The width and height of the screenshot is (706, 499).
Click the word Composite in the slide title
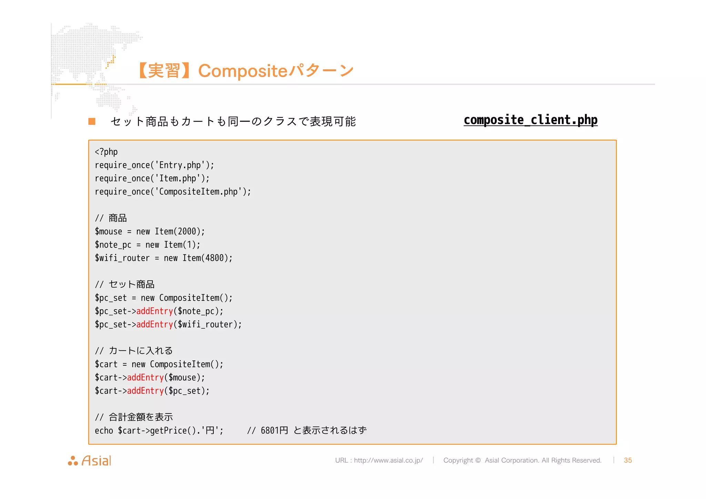pyautogui.click(x=242, y=71)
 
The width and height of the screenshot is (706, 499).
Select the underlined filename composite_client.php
pyautogui.click(x=530, y=120)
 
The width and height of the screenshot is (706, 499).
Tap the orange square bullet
pyautogui.click(x=92, y=121)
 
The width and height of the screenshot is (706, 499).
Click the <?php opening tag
pyautogui.click(x=106, y=152)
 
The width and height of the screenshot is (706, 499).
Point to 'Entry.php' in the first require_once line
pyautogui.click(x=180, y=165)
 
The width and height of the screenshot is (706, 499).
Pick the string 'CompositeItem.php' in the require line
pyautogui.click(x=198, y=192)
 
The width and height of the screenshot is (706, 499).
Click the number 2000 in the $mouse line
pyautogui.click(x=186, y=231)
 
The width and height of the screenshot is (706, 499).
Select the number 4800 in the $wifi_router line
pyautogui.click(x=214, y=258)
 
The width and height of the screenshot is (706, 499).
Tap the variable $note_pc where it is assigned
pyautogui.click(x=113, y=245)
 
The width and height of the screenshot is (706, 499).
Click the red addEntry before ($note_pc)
pyautogui.click(x=154, y=311)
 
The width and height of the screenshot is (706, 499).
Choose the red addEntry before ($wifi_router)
pyautogui.click(x=154, y=324)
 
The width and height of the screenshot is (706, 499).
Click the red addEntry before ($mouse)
pyautogui.click(x=145, y=377)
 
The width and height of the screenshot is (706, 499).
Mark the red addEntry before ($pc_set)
pyautogui.click(x=145, y=391)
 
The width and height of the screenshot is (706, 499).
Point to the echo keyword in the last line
pyautogui.click(x=104, y=430)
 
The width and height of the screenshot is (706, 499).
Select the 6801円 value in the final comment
pyautogui.click(x=274, y=430)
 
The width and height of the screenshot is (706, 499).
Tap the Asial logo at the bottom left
pyautogui.click(x=90, y=461)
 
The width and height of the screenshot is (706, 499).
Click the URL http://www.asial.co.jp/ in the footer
pyautogui.click(x=388, y=460)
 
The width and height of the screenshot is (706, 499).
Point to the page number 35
pyautogui.click(x=628, y=460)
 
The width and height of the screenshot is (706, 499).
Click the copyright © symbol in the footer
pyautogui.click(x=478, y=460)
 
